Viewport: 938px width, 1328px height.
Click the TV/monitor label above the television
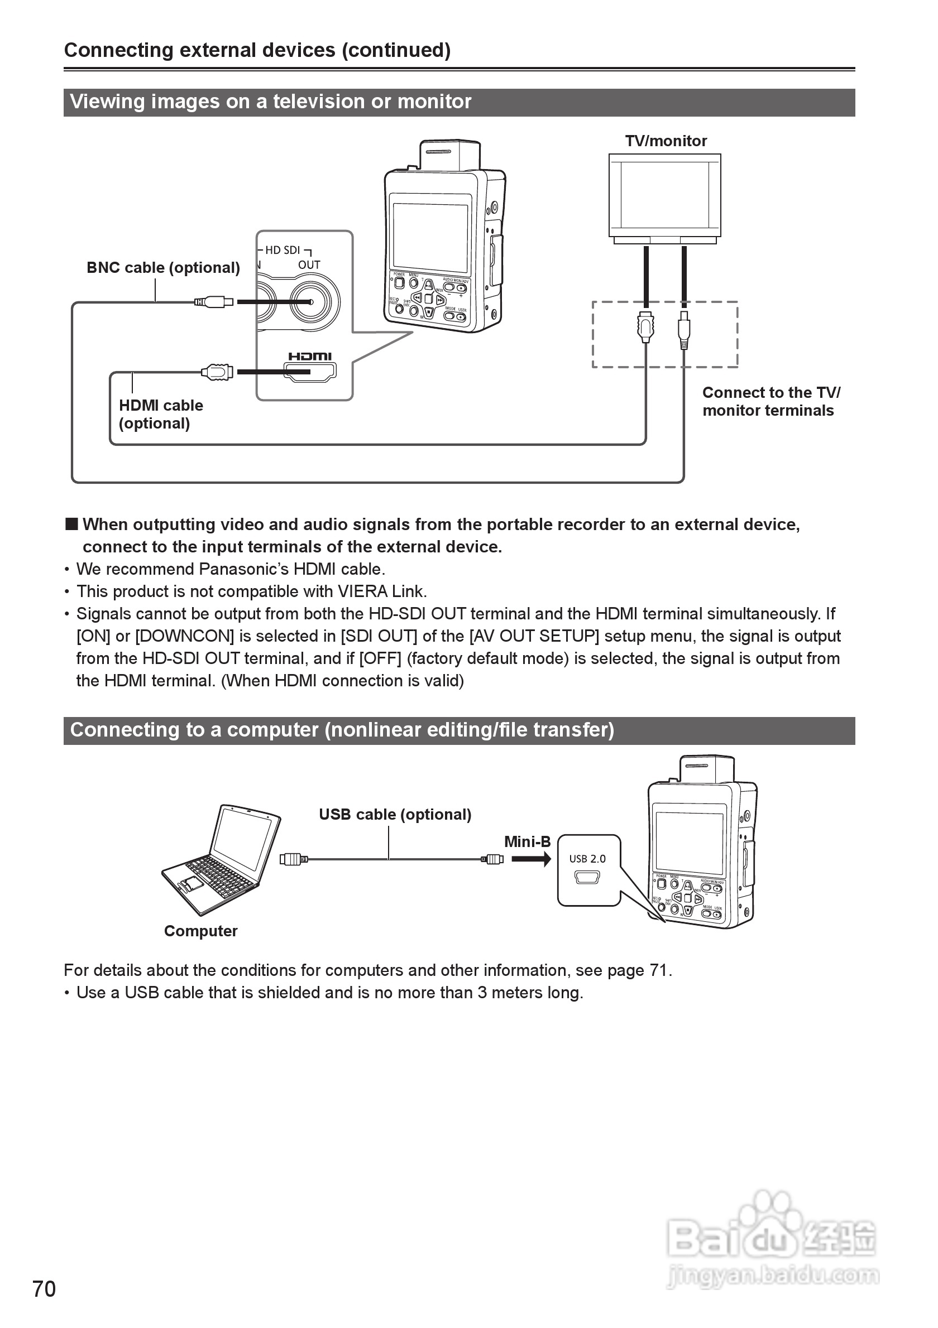[666, 141]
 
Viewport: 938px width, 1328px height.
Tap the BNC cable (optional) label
[163, 268]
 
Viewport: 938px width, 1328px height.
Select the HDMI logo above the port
[310, 357]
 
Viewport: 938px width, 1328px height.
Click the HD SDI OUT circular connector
[311, 302]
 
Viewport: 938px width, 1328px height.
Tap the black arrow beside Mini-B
[530, 859]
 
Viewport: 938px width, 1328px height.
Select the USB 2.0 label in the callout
[587, 859]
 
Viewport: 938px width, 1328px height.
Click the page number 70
[44, 1289]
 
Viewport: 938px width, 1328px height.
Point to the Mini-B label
[527, 841]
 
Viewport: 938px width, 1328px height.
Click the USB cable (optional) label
[395, 815]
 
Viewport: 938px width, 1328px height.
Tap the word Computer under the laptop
[201, 931]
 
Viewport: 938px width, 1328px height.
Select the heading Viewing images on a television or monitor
[271, 102]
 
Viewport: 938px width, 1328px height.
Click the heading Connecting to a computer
[342, 730]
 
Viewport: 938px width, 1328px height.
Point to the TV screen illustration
[665, 195]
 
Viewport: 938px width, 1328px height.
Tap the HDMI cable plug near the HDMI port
[218, 372]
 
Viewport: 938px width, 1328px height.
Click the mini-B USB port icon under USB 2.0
[587, 877]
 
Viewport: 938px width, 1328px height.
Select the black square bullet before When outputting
[71, 525]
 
